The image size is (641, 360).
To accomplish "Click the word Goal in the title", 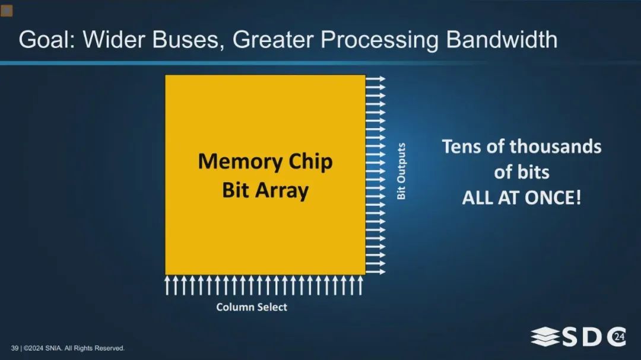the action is tap(47, 40).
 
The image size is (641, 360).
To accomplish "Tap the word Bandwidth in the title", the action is tap(501, 40).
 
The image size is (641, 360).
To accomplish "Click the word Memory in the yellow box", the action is tap(240, 162).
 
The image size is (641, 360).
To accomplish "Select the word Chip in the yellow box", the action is tap(310, 162).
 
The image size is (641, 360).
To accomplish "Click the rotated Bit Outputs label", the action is tap(401, 171).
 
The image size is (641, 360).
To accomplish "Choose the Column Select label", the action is tap(252, 307).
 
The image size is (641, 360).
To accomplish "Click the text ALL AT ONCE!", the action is tap(522, 197).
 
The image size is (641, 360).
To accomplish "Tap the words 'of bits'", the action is tap(522, 172).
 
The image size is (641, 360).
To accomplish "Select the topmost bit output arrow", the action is tap(375, 78).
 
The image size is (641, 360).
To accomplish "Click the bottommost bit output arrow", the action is tap(375, 272).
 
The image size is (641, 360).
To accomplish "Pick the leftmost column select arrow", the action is tap(167, 285).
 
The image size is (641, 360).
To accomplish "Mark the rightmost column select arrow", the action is tap(360, 285).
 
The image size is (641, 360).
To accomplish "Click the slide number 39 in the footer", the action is tap(15, 348).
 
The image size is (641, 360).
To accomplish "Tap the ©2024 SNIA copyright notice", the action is tap(74, 348).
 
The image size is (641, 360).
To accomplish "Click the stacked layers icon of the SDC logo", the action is tap(545, 337).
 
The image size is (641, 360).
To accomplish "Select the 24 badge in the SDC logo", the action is tap(619, 337).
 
